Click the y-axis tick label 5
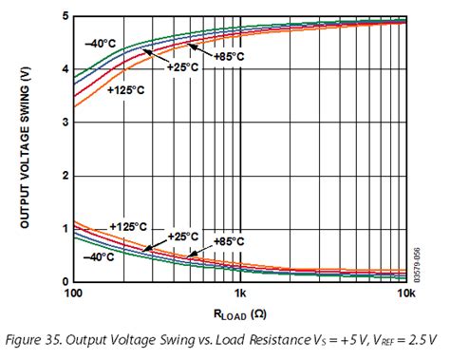[x=63, y=16]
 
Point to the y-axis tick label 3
[x=63, y=122]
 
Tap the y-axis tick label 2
[x=63, y=175]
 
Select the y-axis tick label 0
[x=63, y=281]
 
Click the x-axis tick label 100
[x=75, y=294]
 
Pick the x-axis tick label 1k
[x=240, y=294]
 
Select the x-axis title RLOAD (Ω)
[x=239, y=311]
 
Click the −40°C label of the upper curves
[x=100, y=44]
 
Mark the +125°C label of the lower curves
[x=127, y=226]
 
